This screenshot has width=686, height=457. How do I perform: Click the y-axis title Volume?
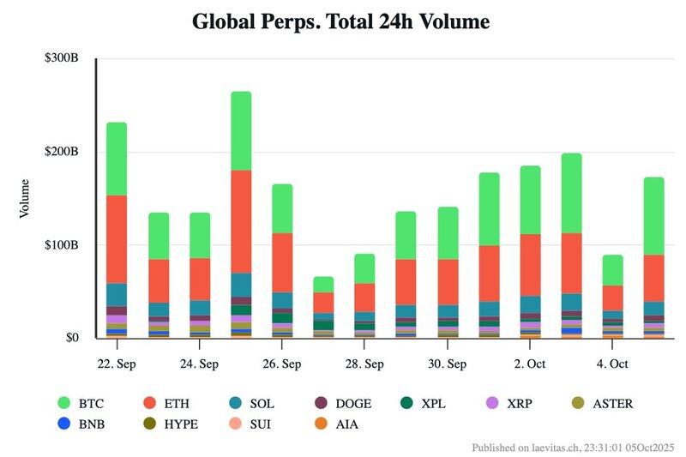tap(26, 198)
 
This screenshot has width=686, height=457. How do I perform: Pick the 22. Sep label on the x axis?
tap(117, 364)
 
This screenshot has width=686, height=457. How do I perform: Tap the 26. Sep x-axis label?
tap(281, 364)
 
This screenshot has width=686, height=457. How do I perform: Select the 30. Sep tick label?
tap(447, 364)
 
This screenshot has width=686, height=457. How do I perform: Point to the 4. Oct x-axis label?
tap(612, 364)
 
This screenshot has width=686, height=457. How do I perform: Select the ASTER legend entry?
tap(603, 403)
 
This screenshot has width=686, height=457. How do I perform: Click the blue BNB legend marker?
tap(64, 423)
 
